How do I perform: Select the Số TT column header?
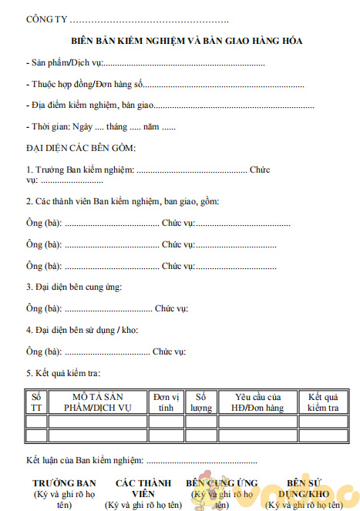click(35, 402)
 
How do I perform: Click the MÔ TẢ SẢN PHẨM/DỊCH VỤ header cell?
click(97, 402)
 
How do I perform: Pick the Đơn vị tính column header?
click(166, 402)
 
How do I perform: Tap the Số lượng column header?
click(200, 402)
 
